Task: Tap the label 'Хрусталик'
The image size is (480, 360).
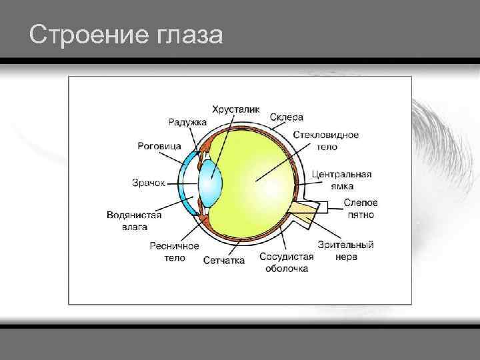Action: click(236, 109)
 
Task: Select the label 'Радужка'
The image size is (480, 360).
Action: click(187, 121)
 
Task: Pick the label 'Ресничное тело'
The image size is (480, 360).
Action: click(174, 252)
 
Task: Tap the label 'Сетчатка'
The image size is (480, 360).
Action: click(224, 260)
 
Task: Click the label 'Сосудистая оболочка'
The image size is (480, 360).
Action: click(287, 262)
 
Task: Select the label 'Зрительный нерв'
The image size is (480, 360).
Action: click(345, 251)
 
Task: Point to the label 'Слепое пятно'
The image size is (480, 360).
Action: click(361, 209)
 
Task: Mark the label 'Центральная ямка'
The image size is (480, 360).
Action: click(342, 180)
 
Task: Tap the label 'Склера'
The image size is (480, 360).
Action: click(287, 117)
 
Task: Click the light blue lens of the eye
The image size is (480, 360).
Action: click(211, 181)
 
